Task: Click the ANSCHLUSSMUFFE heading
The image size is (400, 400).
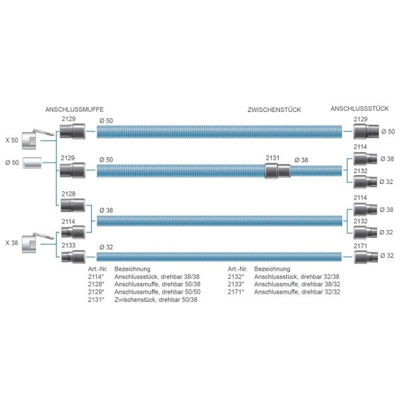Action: click(x=74, y=109)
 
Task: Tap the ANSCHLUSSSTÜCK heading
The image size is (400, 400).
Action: click(x=359, y=109)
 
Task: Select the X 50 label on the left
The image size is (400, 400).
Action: click(x=11, y=140)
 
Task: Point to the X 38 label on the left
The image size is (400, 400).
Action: click(x=11, y=242)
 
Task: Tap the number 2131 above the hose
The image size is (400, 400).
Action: click(x=273, y=158)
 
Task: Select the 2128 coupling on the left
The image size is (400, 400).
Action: click(x=70, y=205)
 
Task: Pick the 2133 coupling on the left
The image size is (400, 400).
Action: click(x=70, y=256)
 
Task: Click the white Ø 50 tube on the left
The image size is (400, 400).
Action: click(x=32, y=162)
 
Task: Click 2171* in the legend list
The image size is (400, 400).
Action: click(x=235, y=291)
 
